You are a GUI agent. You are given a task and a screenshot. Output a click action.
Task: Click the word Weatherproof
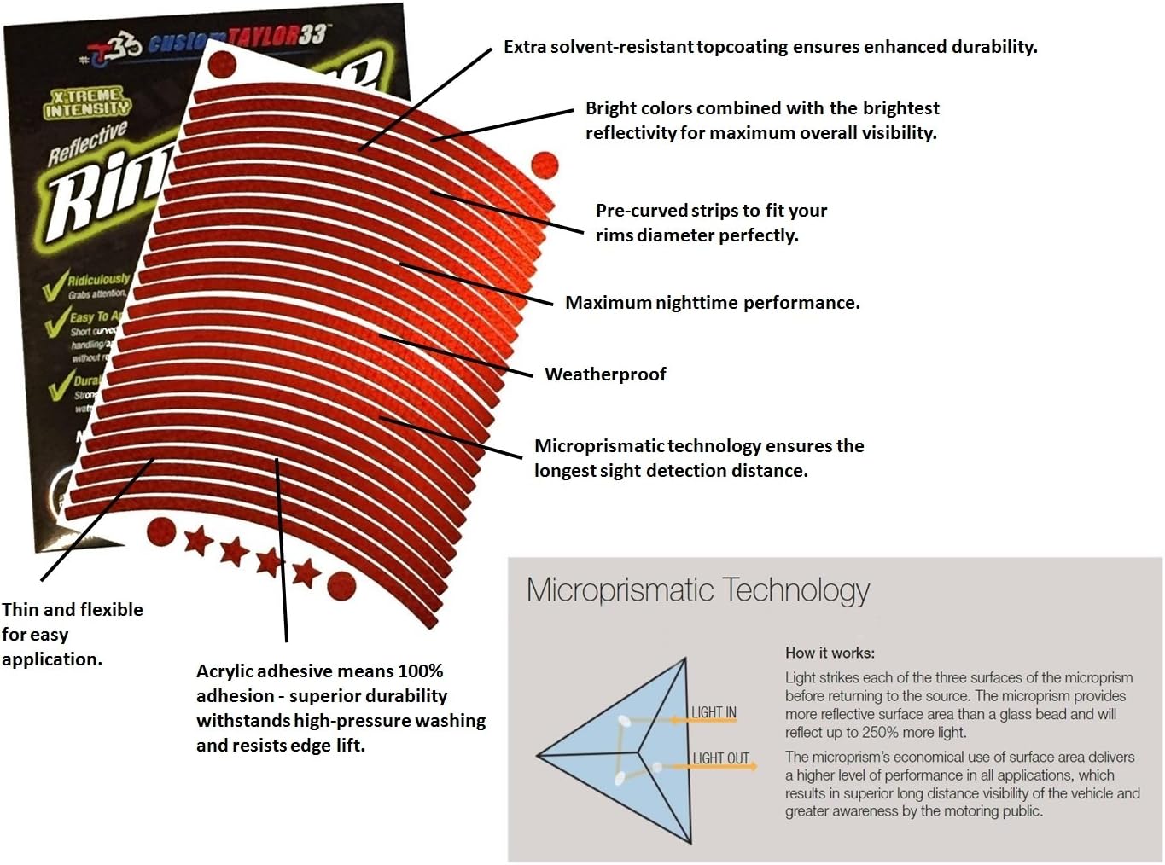(605, 374)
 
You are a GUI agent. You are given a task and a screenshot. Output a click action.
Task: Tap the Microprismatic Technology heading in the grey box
(697, 590)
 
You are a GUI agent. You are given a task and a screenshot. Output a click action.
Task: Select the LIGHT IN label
(714, 712)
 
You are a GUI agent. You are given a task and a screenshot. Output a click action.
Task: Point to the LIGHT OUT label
(720, 758)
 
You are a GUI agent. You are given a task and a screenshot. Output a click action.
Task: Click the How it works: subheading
(830, 653)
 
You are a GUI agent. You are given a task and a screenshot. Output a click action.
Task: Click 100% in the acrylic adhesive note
(421, 671)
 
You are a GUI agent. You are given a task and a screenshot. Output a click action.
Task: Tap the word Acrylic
(225, 671)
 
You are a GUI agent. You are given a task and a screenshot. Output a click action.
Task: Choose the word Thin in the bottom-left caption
(20, 610)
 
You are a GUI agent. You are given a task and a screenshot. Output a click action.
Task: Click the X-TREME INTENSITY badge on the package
(87, 102)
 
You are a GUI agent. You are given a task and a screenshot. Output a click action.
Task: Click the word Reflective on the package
(87, 142)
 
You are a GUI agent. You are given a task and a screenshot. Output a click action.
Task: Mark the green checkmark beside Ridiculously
(55, 284)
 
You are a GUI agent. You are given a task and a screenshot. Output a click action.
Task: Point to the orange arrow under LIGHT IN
(703, 721)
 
